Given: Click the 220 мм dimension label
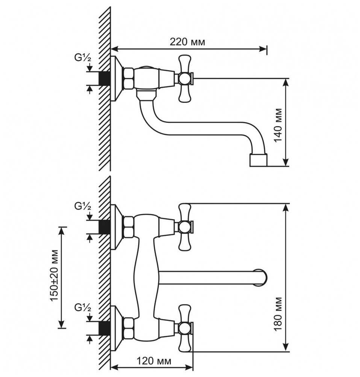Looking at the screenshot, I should (188, 42).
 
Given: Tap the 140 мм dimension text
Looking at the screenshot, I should (278, 125).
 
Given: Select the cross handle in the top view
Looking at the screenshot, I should (185, 78).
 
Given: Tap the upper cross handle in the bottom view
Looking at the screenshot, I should (185, 227).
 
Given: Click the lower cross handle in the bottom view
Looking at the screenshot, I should (185, 328).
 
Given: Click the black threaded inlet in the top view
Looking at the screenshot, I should (104, 78).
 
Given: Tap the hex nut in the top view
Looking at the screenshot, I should (129, 78).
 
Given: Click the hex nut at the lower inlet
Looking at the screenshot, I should (129, 328).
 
